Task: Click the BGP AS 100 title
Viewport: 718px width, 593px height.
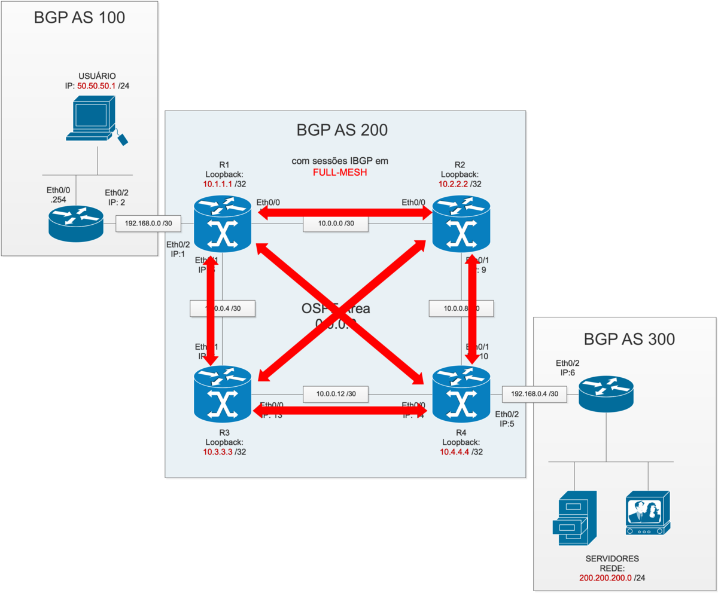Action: click(80, 17)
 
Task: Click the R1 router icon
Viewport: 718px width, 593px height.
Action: click(223, 226)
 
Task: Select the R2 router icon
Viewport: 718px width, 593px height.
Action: click(461, 226)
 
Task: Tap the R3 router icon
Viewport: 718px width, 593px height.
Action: click(223, 394)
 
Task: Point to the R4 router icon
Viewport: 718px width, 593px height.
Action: click(461, 394)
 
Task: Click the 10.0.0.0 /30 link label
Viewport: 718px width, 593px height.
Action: click(335, 224)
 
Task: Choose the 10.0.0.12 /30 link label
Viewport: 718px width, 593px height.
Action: click(335, 394)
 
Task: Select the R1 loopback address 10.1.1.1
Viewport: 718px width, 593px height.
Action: click(218, 184)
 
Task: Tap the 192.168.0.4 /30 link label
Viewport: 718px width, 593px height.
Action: click(535, 394)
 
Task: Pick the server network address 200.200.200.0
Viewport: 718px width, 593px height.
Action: click(606, 578)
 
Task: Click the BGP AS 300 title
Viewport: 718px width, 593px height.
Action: click(629, 339)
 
